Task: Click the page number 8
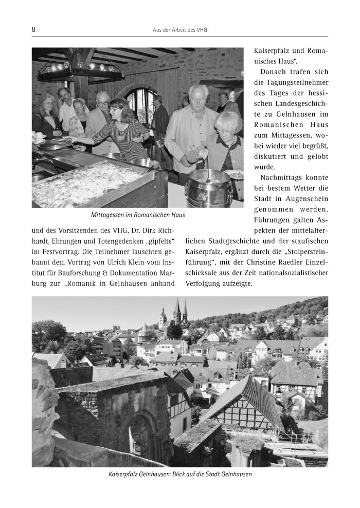tap(34, 30)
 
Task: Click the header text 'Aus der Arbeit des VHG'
tap(179, 30)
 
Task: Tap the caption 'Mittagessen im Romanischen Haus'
tap(137, 215)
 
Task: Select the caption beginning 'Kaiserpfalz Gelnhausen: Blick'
tap(179, 474)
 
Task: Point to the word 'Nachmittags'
tap(281, 177)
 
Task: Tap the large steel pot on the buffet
tap(209, 187)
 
